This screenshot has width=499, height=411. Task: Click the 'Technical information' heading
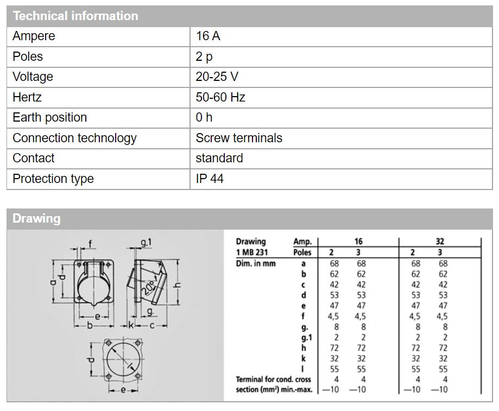(x=75, y=16)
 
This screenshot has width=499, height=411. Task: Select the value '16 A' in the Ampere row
(x=208, y=36)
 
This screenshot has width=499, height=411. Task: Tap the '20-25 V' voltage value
(x=217, y=77)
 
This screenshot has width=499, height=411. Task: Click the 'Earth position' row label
(x=49, y=118)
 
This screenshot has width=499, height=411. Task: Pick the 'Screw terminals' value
(x=239, y=138)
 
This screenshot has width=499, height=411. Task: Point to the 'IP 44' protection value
(x=210, y=179)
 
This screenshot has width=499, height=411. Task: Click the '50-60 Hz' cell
(x=220, y=97)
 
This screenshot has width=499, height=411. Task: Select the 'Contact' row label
(x=34, y=159)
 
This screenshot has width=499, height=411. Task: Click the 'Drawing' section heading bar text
(x=36, y=219)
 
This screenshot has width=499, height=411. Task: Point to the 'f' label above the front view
(x=90, y=243)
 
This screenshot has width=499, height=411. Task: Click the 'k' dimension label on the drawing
(x=131, y=326)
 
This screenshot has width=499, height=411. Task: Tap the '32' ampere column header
(x=439, y=242)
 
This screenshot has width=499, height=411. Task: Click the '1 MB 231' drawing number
(x=252, y=252)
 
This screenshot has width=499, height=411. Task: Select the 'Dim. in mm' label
(x=255, y=263)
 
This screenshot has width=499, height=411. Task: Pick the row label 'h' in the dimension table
(x=304, y=347)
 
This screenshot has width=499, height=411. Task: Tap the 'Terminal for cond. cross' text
(x=273, y=379)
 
